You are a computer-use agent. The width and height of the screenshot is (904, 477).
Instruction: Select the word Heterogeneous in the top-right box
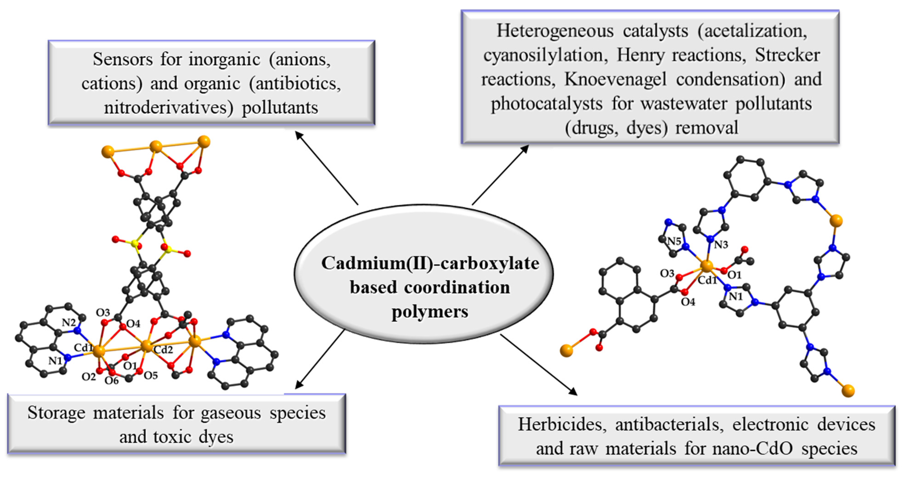pyautogui.click(x=555, y=32)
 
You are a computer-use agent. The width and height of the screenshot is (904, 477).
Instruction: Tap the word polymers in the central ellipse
pyautogui.click(x=430, y=311)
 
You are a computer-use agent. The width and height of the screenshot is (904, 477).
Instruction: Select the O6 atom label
pyautogui.click(x=112, y=380)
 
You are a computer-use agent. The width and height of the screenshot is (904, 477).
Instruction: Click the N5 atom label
pyautogui.click(x=674, y=241)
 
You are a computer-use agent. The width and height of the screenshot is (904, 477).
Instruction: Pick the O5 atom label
pyautogui.click(x=151, y=376)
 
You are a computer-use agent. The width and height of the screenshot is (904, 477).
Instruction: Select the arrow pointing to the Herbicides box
pyautogui.click(x=539, y=365)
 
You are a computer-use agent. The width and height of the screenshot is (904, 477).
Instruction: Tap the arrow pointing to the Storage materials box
pyautogui.click(x=319, y=359)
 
